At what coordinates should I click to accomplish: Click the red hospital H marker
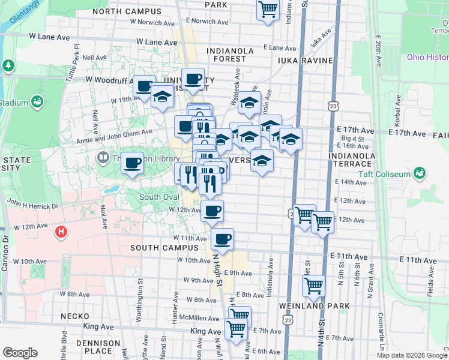point(60,231)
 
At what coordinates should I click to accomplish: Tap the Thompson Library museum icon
point(102,159)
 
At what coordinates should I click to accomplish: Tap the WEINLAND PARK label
point(314,306)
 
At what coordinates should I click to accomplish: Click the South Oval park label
point(158,197)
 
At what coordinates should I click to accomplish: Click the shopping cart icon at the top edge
point(268,8)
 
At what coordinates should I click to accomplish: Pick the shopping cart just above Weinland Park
point(313,285)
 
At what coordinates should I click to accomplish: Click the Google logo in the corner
point(20,353)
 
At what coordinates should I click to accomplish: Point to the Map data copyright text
point(412,355)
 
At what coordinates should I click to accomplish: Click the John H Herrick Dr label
point(31,205)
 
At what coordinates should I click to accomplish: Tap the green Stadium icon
point(37,102)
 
